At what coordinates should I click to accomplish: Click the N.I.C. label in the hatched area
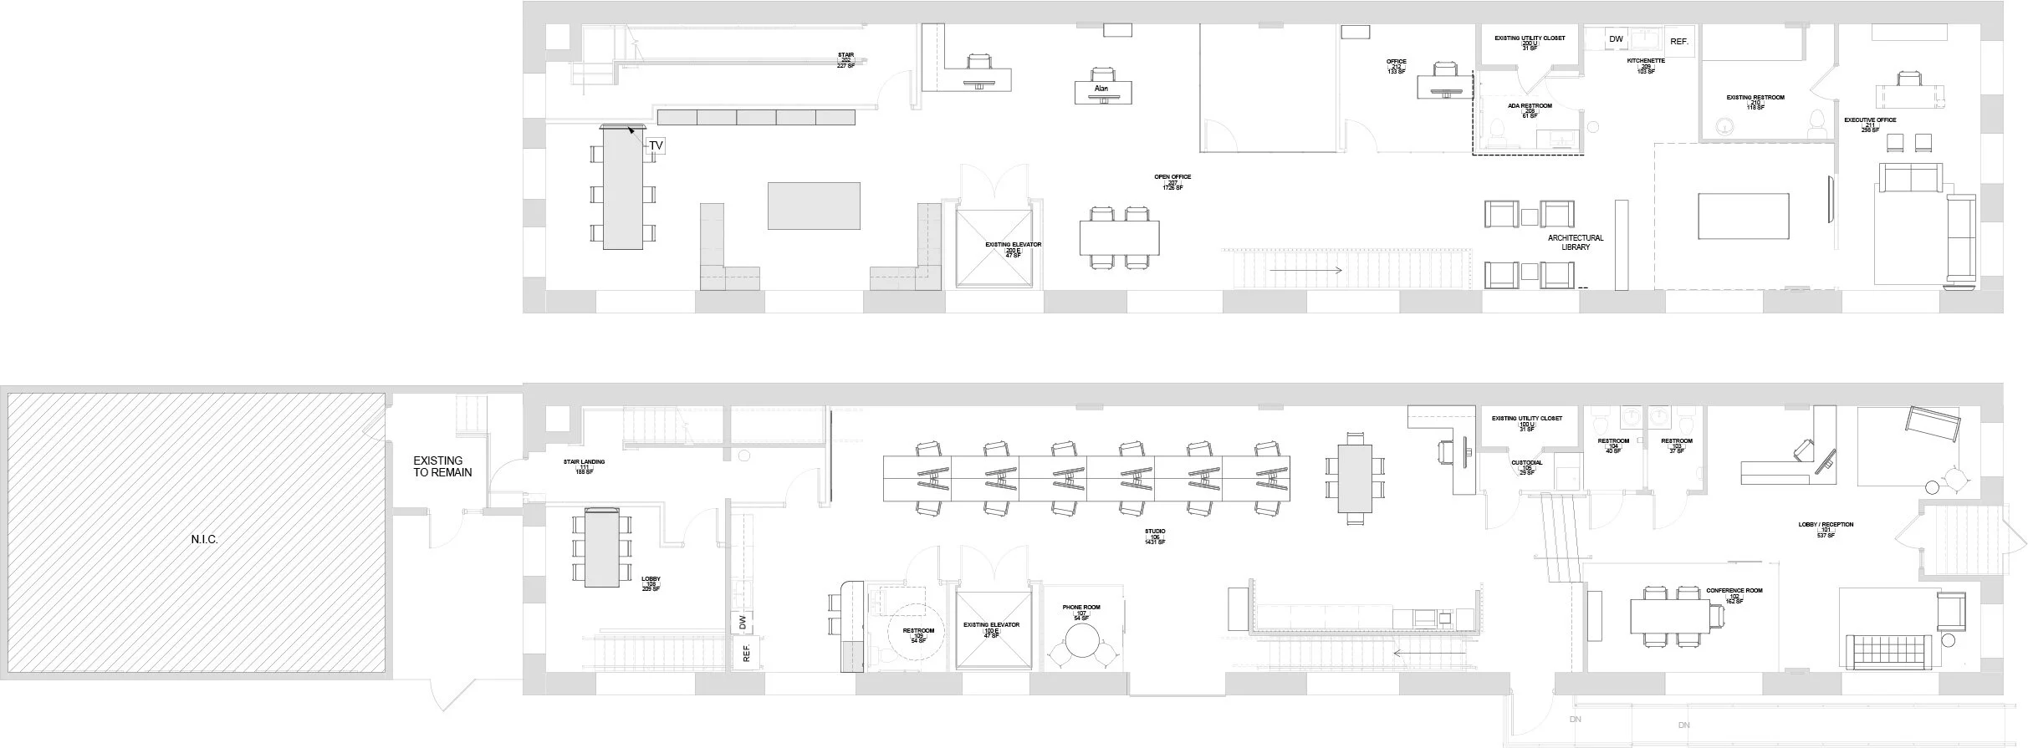(204, 540)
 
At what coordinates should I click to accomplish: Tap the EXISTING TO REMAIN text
(442, 466)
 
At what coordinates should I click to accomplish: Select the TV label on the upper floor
(656, 146)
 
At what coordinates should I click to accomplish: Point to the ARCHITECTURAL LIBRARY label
(1576, 242)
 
